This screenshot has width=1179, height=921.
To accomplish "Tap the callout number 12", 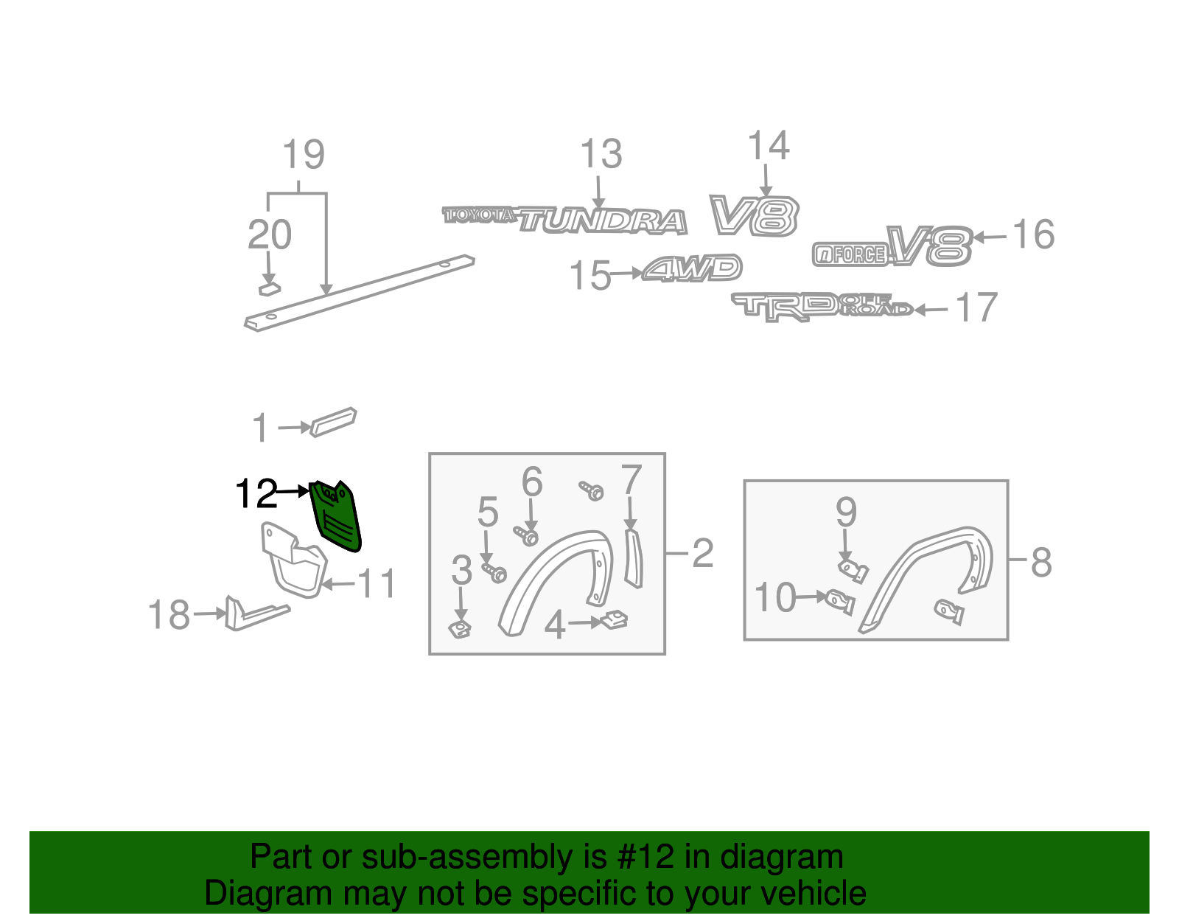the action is pyautogui.click(x=256, y=493).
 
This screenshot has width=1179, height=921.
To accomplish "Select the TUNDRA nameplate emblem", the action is pyautogui.click(x=602, y=221).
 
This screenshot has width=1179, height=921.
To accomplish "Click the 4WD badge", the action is pyautogui.click(x=692, y=268).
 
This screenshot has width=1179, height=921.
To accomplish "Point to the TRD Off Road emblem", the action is pyautogui.click(x=822, y=307).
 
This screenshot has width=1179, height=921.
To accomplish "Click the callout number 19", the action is pyautogui.click(x=304, y=154).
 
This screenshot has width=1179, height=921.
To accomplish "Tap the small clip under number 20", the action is pyautogui.click(x=270, y=289).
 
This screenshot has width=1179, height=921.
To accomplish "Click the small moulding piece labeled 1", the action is pyautogui.click(x=333, y=423).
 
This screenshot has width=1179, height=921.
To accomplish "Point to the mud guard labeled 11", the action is pyautogui.click(x=293, y=560).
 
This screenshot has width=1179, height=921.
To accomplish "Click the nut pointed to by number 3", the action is pyautogui.click(x=460, y=630).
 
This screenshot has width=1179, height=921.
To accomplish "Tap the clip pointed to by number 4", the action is pyautogui.click(x=615, y=620).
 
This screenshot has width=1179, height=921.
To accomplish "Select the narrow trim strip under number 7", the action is pyautogui.click(x=633, y=559).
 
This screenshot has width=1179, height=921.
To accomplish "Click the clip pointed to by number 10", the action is pyautogui.click(x=840, y=602).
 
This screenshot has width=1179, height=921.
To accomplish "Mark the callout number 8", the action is pyautogui.click(x=1041, y=563).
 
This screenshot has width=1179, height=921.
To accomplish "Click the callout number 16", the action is pyautogui.click(x=1034, y=234).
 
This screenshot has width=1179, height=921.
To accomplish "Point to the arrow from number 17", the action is pyautogui.click(x=931, y=310).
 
